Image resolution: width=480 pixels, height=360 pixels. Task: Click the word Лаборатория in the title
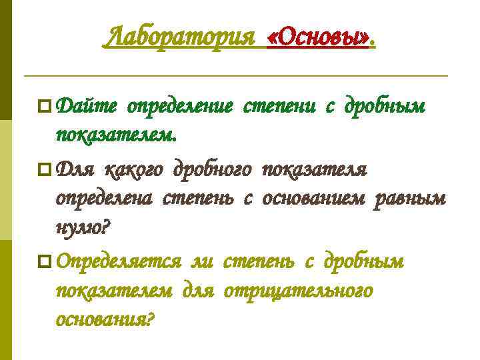click(x=179, y=37)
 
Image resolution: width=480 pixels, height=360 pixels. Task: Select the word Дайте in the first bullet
click(x=87, y=106)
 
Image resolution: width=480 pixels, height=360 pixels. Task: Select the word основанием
click(x=314, y=199)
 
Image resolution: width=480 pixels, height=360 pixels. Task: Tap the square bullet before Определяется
click(x=45, y=262)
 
